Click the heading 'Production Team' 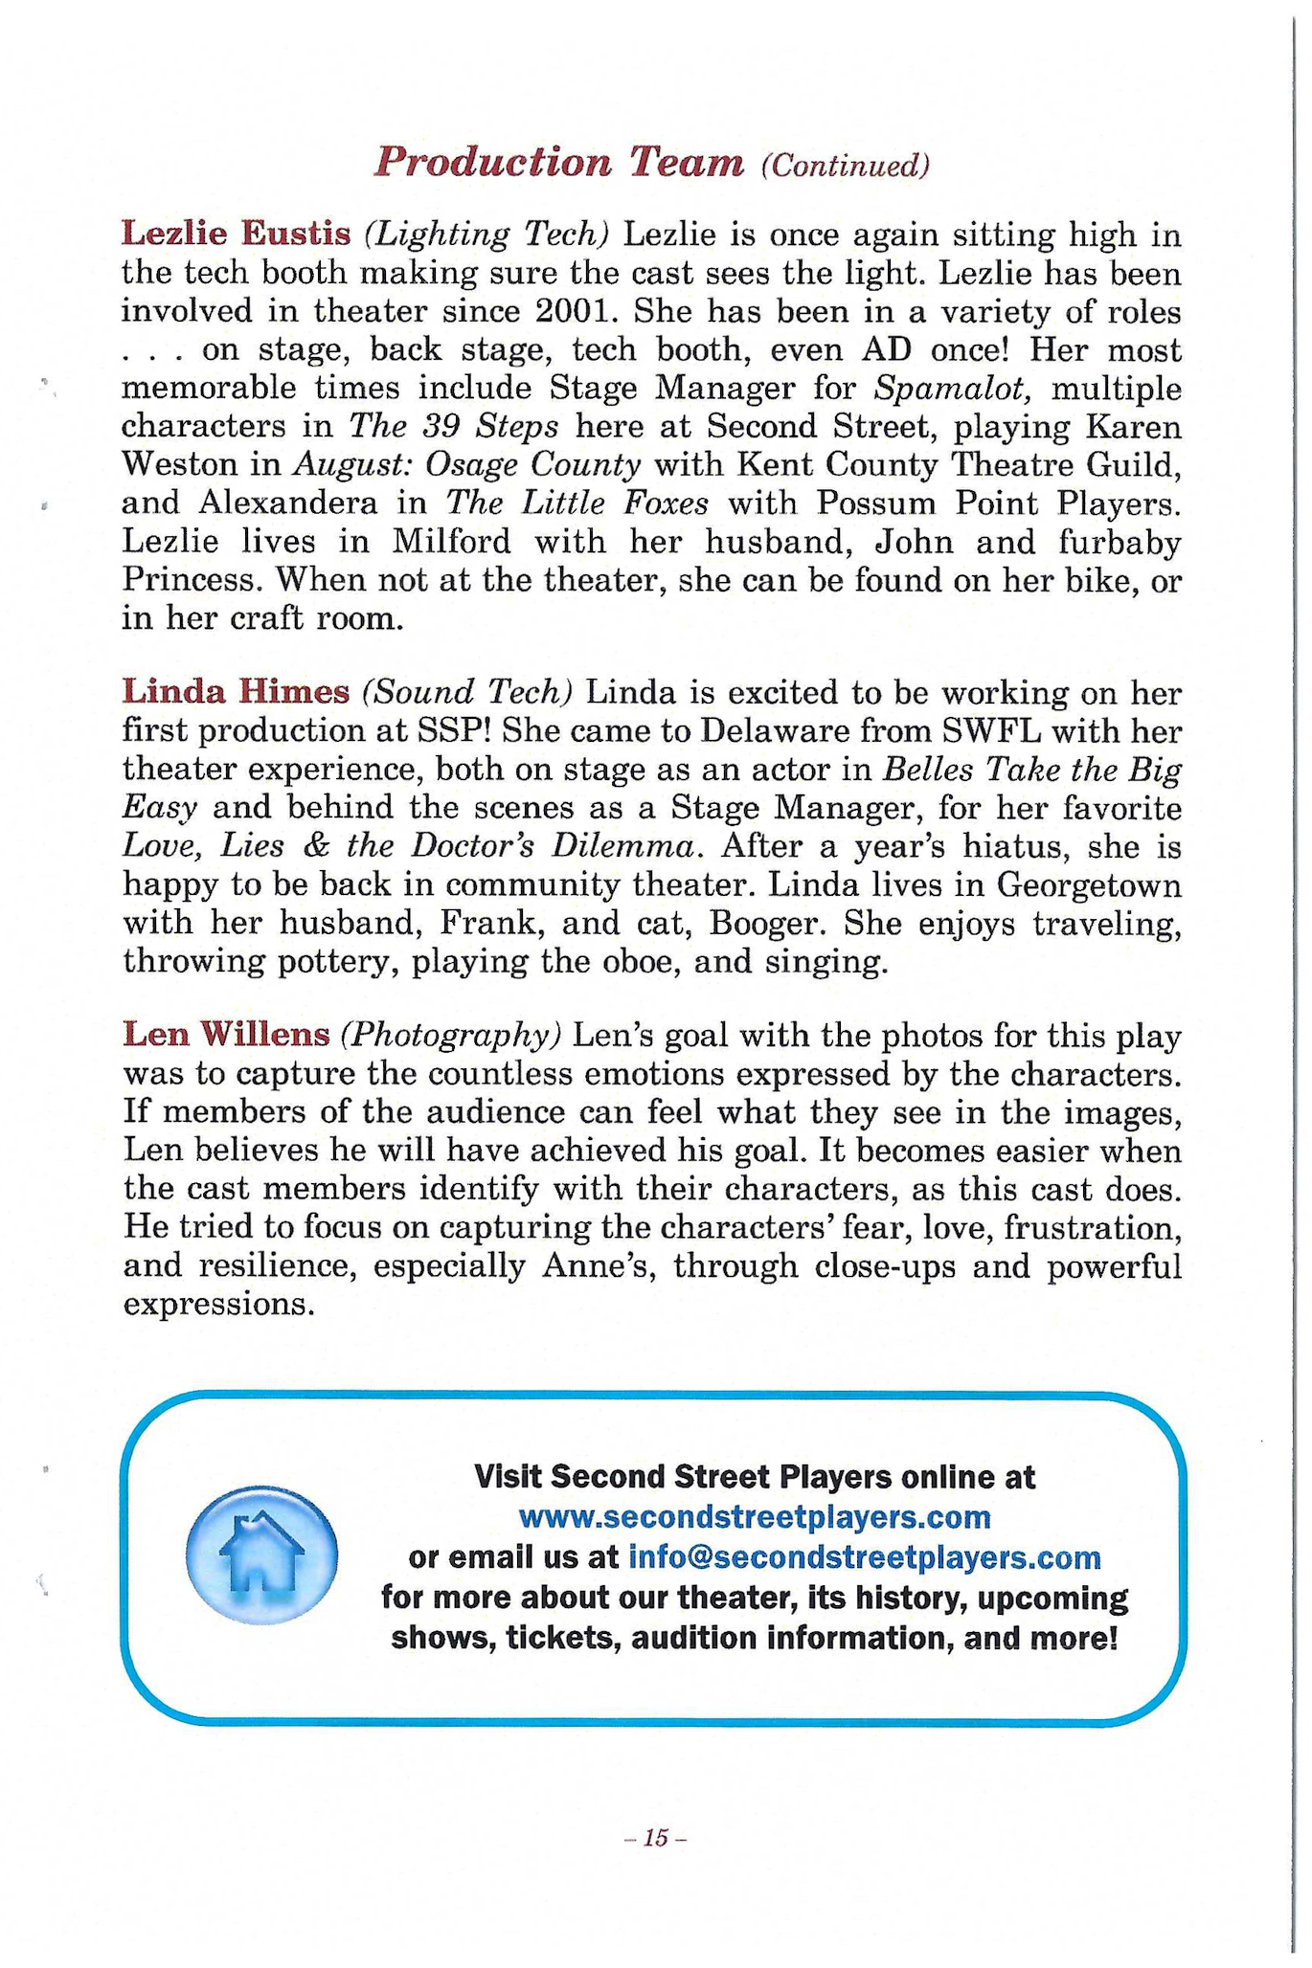pos(558,163)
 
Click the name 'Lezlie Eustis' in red pos(236,233)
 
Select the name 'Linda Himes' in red pos(236,690)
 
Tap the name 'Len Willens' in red pos(226,1035)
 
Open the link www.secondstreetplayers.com pos(754,1517)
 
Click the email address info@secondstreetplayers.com pos(864,1557)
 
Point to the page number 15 pos(655,1838)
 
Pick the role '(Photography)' pos(450,1036)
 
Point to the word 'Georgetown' pos(1089,884)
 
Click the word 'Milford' pos(452,542)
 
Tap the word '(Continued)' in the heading pos(845,167)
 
